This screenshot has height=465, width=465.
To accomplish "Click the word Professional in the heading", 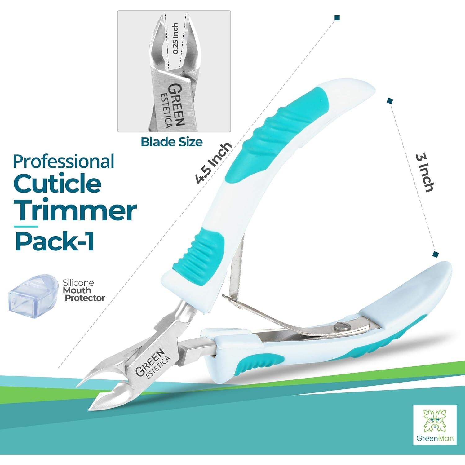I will pos(64,162).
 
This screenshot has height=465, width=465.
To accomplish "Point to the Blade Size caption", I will pos(171,142).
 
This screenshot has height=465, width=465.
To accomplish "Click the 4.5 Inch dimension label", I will pos(213,163).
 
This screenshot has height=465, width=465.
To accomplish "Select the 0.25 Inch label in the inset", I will pos(175,38).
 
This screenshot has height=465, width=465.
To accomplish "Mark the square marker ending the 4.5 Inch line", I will pos(337,18).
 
